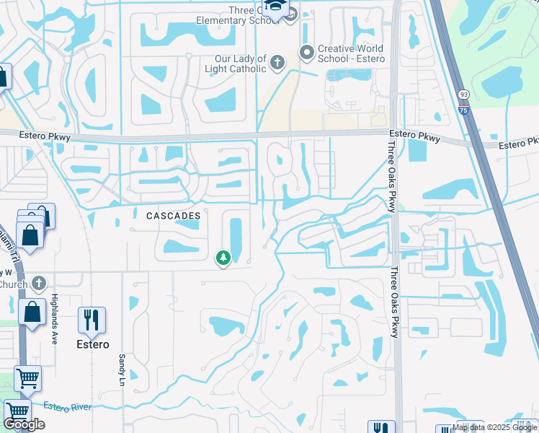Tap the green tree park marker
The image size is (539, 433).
223,257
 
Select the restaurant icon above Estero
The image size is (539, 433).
92,320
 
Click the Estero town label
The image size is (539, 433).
94,344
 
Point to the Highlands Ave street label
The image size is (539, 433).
54,318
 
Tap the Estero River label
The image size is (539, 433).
66,407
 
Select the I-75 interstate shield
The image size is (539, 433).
463,110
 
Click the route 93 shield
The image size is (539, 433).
463,95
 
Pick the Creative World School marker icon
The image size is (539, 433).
307,52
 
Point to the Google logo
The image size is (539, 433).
24,425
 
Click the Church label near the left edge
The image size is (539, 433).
13,284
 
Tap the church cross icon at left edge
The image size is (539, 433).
39,284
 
